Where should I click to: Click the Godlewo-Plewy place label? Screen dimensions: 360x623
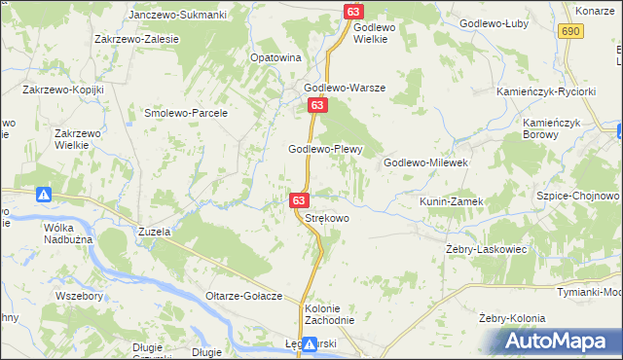[x=325, y=149]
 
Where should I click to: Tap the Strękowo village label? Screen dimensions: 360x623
[x=327, y=219]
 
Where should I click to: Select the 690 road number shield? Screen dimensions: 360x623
[x=571, y=32]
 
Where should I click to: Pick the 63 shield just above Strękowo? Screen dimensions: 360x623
[x=299, y=200]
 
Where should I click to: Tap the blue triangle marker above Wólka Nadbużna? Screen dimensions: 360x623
[x=44, y=195]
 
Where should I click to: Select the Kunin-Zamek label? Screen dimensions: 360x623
[x=451, y=201]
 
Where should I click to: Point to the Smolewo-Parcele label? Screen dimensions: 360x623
[x=185, y=113]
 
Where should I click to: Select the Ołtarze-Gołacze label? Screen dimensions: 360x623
[x=243, y=296]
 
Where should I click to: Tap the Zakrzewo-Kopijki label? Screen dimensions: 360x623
[x=62, y=90]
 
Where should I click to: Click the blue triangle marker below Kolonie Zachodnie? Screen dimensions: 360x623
[x=309, y=343]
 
